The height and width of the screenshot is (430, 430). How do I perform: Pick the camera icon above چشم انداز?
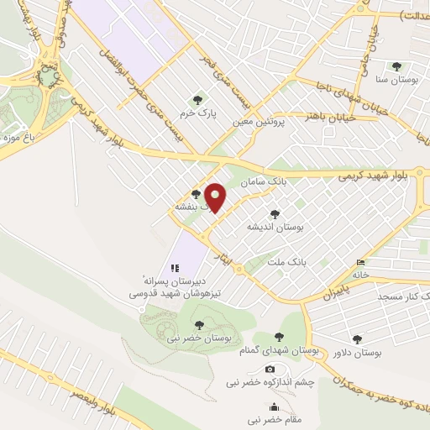(x=270, y=370)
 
